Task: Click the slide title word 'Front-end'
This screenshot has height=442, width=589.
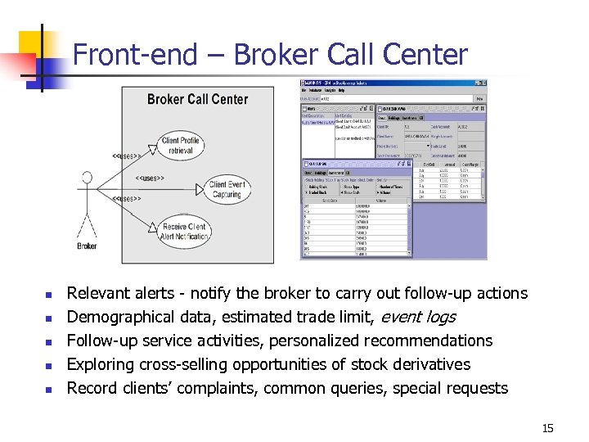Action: point(135,55)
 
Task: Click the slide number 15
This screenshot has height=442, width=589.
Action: point(547,428)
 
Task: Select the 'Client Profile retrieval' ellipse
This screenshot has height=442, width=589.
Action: point(180,146)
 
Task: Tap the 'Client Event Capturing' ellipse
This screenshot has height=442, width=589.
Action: point(227,189)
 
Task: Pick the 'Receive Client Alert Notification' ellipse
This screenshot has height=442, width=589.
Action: point(184,232)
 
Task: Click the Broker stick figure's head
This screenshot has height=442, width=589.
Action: point(87,178)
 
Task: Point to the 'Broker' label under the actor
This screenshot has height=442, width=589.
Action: point(87,246)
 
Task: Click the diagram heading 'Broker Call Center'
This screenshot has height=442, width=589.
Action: point(197,100)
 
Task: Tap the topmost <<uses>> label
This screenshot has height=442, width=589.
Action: point(128,156)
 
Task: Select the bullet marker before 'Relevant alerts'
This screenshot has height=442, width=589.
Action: point(48,295)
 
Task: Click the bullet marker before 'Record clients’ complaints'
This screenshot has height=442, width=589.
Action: point(48,390)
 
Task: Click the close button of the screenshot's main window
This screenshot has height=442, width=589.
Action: point(483,83)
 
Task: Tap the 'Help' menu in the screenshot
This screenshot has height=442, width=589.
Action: point(342,90)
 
